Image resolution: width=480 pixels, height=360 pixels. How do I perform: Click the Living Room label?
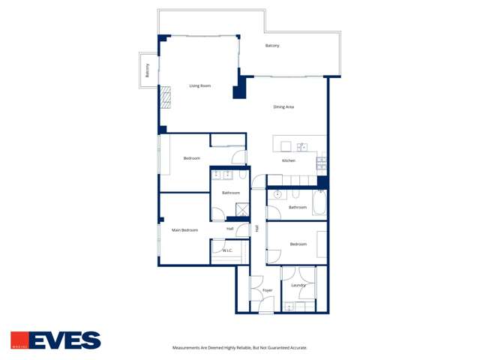[x=199, y=85]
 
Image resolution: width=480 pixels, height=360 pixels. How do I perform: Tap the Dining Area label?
[x=283, y=107]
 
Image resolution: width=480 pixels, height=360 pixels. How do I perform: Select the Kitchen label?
[x=288, y=160]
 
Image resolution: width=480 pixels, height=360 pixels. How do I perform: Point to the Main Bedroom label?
[x=184, y=229]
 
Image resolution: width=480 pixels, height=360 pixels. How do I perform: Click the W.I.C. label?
[x=227, y=250]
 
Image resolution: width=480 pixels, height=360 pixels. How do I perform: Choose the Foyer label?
[x=267, y=289]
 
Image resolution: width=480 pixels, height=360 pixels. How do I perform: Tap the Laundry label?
[x=298, y=285]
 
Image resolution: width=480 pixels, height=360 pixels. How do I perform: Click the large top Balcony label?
[x=272, y=46]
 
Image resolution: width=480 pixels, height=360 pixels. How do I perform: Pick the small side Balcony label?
[x=148, y=70]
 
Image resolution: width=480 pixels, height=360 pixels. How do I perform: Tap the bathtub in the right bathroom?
[x=319, y=202]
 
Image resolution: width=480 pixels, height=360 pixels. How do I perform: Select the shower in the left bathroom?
[x=242, y=209]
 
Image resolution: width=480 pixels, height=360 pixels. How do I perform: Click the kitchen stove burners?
[x=322, y=161]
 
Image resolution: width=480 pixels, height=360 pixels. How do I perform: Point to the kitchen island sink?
[x=302, y=147]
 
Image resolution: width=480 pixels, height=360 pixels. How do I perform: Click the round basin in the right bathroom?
[x=277, y=194]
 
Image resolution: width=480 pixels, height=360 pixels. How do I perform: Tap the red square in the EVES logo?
[x=20, y=340]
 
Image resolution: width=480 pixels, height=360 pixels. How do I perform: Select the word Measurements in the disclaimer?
[x=190, y=348]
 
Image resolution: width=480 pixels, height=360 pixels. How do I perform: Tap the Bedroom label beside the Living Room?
[x=192, y=157]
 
